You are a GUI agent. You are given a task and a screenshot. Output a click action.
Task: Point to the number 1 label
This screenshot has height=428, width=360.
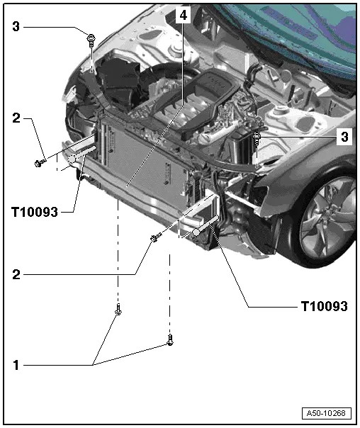click(16, 366)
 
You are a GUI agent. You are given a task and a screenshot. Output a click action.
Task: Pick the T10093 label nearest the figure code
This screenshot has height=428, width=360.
click(323, 306)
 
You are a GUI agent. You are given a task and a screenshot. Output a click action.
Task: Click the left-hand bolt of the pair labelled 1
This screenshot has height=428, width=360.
click(118, 310)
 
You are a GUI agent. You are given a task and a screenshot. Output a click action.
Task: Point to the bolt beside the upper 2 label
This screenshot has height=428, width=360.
click(40, 164)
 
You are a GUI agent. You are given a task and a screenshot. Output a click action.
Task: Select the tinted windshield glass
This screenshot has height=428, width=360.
click(298, 28)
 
